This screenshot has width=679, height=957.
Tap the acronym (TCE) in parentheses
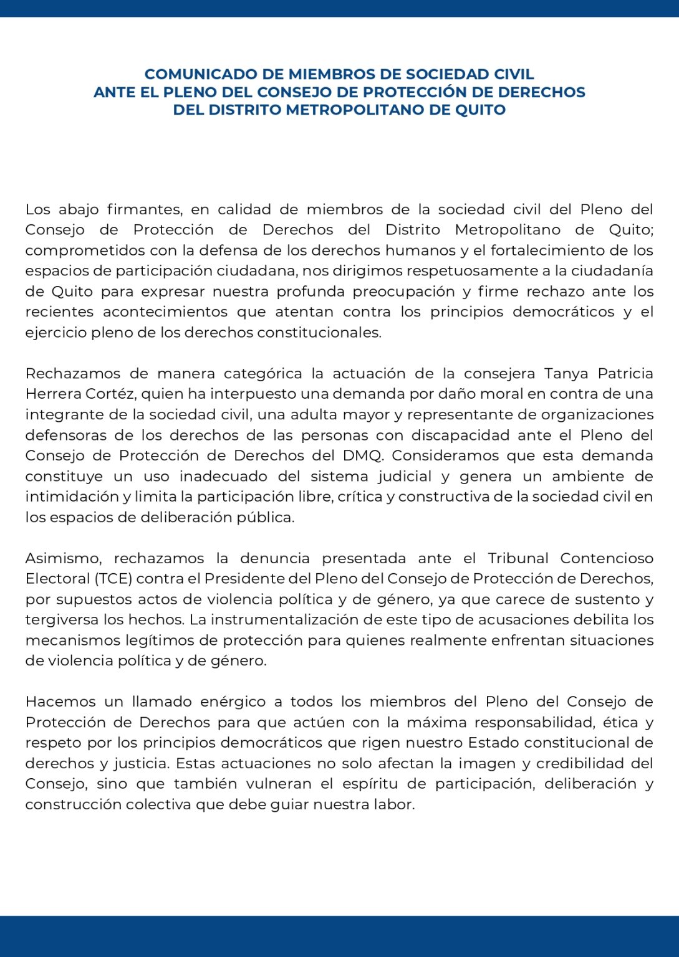tap(113, 579)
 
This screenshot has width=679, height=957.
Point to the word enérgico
tap(233, 702)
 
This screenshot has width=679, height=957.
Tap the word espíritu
tap(372, 784)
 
